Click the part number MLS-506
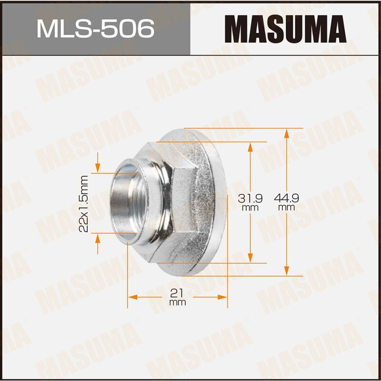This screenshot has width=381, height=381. pyautogui.click(x=95, y=28)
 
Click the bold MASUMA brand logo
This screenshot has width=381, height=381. pyautogui.click(x=285, y=28)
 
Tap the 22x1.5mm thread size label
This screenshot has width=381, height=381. pyautogui.click(x=84, y=203)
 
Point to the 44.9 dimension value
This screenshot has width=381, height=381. pyautogui.click(x=286, y=197)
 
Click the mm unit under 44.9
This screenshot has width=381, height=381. pyautogui.click(x=286, y=208)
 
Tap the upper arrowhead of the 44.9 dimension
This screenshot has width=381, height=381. pyautogui.click(x=286, y=133)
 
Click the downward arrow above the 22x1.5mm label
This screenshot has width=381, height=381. pyautogui.click(x=98, y=167)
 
